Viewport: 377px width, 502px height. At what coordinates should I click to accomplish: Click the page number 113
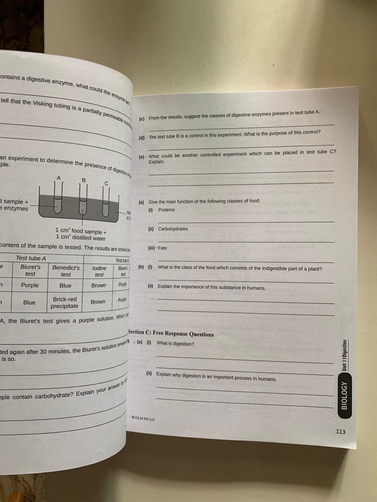[340, 432]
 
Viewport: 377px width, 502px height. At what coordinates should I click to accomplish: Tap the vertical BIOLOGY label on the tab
[344, 395]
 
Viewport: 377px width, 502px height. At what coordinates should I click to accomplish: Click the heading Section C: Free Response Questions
[171, 334]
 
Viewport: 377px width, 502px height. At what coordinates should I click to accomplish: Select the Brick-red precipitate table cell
[65, 303]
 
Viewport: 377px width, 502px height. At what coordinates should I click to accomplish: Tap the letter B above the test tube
[84, 180]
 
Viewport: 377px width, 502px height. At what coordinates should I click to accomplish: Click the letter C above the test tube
[107, 184]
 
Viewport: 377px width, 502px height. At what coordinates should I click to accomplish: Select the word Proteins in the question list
[167, 210]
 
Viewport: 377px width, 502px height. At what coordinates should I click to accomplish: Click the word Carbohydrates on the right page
[173, 229]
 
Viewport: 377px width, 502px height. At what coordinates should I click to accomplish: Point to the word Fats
[162, 248]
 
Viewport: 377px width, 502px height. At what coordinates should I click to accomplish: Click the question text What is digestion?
[175, 343]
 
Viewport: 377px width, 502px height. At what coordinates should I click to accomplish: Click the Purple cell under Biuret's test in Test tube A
[30, 285]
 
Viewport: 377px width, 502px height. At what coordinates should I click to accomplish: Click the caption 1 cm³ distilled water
[81, 238]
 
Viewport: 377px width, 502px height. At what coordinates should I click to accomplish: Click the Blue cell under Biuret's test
[29, 302]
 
